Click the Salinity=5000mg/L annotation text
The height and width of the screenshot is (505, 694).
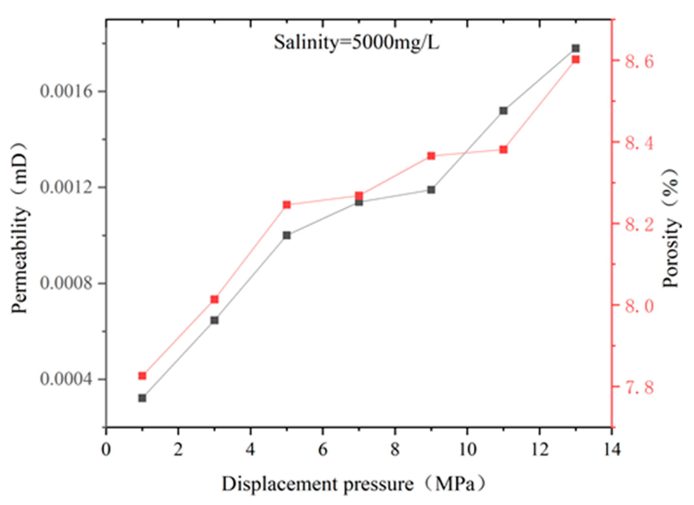[x=356, y=42]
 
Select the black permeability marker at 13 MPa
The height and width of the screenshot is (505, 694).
[x=576, y=49]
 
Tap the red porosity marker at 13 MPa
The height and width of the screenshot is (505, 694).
[x=576, y=60]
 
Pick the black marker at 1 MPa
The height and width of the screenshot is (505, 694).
[x=142, y=398]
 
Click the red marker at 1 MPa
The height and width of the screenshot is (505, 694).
[x=142, y=376]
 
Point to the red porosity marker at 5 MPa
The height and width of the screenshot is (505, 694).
[x=287, y=205]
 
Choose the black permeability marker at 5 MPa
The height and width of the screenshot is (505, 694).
[x=287, y=235]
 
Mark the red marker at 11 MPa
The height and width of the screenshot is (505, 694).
[x=503, y=150]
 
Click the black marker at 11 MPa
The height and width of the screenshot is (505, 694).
[x=503, y=111]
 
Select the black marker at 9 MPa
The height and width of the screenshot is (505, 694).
[x=431, y=190]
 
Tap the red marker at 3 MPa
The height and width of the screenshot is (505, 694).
[x=214, y=299]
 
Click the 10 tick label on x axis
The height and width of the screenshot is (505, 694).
[x=467, y=450]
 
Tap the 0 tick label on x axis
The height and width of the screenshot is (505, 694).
[x=106, y=450]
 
